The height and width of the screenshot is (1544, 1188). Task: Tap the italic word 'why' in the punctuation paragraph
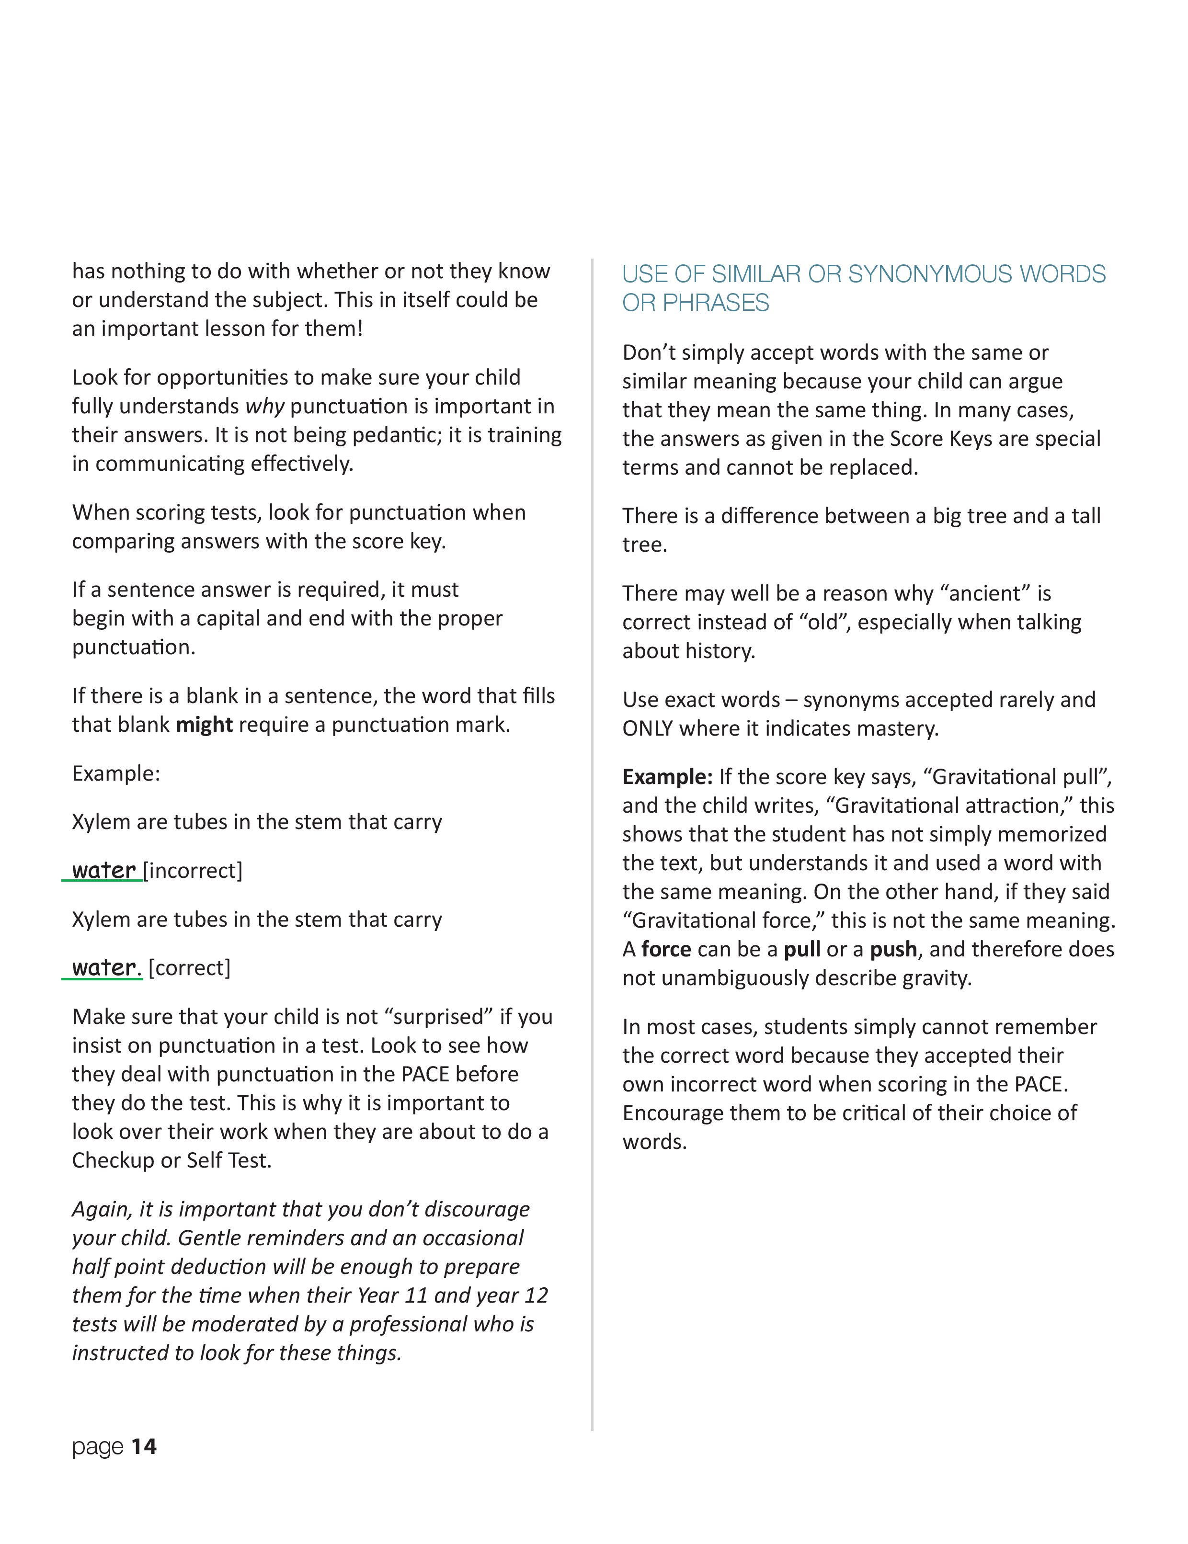(x=264, y=407)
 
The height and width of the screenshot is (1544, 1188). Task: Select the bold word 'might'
(x=205, y=726)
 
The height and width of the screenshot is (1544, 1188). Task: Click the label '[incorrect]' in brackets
(x=193, y=871)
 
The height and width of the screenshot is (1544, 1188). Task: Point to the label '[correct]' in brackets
(x=190, y=968)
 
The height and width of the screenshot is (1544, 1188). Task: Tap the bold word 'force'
(x=666, y=950)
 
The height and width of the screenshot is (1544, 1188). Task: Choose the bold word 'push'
(x=893, y=950)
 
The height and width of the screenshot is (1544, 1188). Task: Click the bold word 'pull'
(x=802, y=950)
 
